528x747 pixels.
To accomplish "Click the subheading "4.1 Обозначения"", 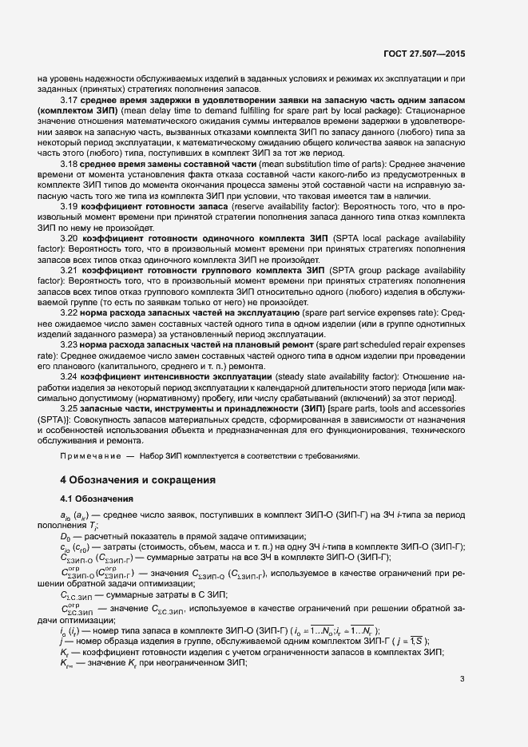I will coord(97,499).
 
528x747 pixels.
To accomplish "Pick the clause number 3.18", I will coord(69,163).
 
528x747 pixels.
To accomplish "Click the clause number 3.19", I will coord(69,206).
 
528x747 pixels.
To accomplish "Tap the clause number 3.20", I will coord(70,239).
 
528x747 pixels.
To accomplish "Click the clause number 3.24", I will coord(69,375).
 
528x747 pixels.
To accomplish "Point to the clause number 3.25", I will coord(69,407).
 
